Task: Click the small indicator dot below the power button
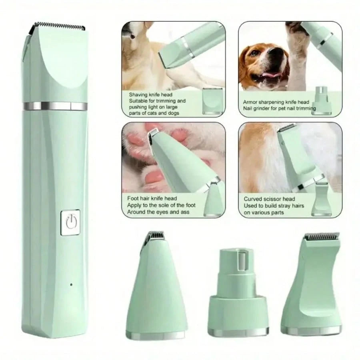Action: [x=71, y=284]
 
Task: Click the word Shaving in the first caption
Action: [x=138, y=95]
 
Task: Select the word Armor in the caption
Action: [x=250, y=102]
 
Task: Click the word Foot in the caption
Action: [x=133, y=198]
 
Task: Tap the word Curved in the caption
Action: [x=253, y=199]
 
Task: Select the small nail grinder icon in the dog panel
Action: [x=322, y=98]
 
